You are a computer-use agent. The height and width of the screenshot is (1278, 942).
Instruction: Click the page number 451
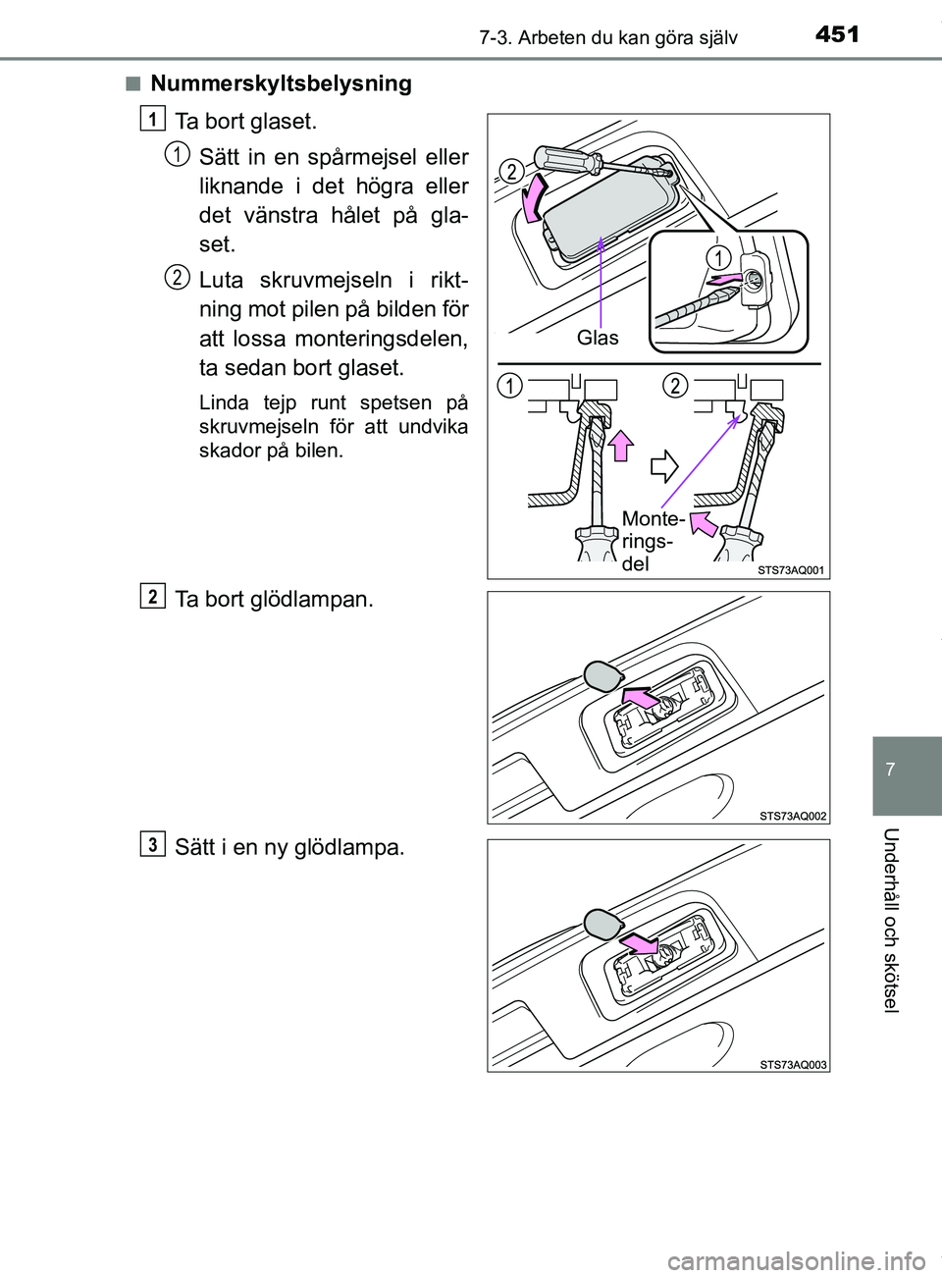(837, 34)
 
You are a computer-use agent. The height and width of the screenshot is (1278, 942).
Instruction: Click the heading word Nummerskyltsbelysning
(281, 83)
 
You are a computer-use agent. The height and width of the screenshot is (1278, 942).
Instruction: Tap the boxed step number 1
(152, 119)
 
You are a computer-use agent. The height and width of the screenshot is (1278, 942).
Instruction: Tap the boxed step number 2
(152, 596)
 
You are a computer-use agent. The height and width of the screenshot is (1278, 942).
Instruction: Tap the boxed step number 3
(152, 844)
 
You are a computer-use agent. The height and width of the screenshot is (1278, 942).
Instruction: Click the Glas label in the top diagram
(598, 338)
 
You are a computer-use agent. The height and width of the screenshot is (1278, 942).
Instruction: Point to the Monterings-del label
(652, 541)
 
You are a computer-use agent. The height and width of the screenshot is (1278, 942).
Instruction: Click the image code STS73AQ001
(791, 570)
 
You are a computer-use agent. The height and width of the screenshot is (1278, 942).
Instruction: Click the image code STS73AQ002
(793, 816)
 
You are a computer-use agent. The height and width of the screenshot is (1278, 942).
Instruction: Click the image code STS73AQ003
(793, 1065)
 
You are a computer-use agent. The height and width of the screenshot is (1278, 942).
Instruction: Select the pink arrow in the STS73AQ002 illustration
(640, 698)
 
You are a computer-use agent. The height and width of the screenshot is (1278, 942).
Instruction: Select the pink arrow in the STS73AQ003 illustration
(640, 943)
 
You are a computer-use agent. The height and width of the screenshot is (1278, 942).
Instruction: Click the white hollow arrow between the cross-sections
(664, 465)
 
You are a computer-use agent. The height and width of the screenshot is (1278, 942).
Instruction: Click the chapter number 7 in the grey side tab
(890, 770)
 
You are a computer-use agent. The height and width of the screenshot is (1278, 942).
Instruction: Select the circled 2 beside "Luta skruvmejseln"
(177, 277)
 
